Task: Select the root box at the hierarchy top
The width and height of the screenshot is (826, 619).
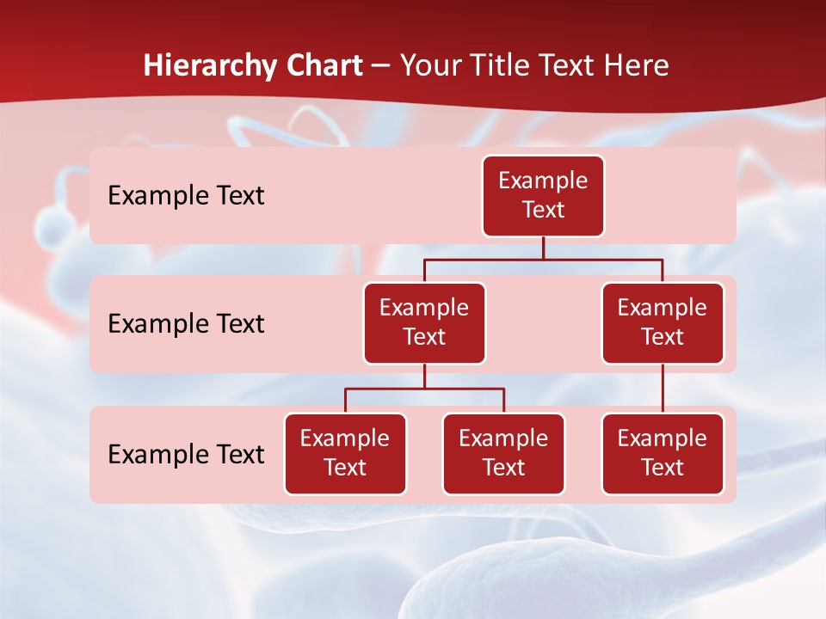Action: (x=543, y=195)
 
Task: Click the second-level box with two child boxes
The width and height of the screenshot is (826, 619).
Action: (x=424, y=322)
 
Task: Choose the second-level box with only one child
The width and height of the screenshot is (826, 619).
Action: (x=663, y=322)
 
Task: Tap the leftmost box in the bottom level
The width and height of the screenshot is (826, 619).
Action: (x=345, y=453)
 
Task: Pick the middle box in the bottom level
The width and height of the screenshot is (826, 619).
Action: (x=503, y=453)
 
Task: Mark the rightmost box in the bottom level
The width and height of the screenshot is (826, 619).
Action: (x=663, y=453)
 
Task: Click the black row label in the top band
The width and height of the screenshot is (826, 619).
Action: (x=186, y=196)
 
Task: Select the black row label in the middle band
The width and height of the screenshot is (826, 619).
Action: (x=186, y=324)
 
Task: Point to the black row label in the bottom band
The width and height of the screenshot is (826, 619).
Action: (x=186, y=454)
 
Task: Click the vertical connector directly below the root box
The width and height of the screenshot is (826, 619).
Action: (x=543, y=248)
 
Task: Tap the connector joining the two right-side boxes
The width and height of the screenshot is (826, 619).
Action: (x=663, y=389)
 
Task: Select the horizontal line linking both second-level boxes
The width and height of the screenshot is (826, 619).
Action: (x=543, y=259)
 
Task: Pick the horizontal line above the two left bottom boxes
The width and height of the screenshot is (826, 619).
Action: (x=424, y=389)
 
